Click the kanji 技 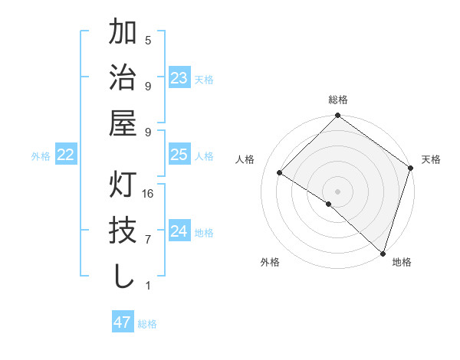[123, 231]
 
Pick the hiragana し [123, 275]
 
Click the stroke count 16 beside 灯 [148, 195]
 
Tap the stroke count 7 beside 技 [148, 240]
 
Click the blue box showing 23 [179, 78]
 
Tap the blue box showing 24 [179, 231]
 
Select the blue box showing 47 [123, 322]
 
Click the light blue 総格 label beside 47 [148, 324]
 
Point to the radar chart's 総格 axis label [338, 100]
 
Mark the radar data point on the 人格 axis [280, 173]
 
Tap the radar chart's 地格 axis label [402, 262]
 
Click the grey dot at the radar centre [337, 191]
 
